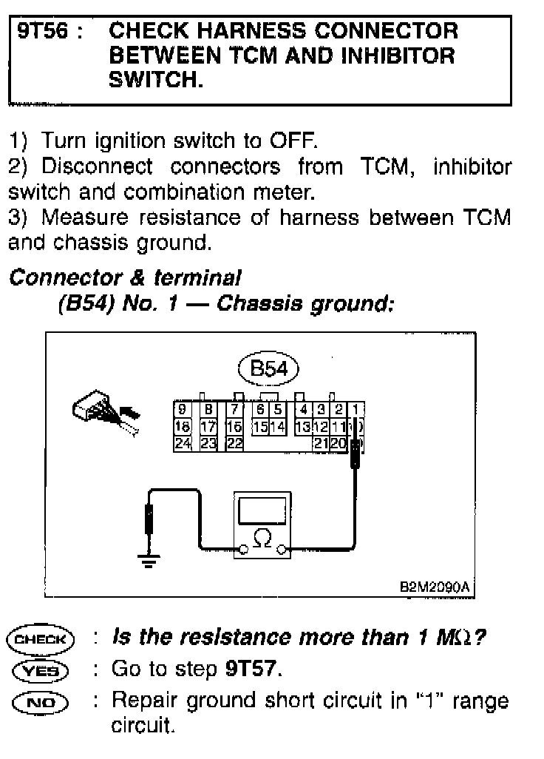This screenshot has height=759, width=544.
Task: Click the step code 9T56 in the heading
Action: pos(42,32)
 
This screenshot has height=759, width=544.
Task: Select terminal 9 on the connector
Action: pos(182,409)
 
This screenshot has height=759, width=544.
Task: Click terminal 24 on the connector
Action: pos(182,444)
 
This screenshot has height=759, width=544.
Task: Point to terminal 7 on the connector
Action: pos(234,409)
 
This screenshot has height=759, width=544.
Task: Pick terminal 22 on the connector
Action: pos(234,444)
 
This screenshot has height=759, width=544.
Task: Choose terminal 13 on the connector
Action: pos(302,427)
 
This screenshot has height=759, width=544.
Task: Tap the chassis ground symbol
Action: pos(149,560)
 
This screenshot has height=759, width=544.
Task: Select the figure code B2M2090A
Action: pos(434,586)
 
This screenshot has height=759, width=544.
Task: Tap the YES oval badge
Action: pos(40,670)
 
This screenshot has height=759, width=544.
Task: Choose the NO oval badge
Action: pos(40,701)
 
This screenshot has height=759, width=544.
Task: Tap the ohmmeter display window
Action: pos(262,509)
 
